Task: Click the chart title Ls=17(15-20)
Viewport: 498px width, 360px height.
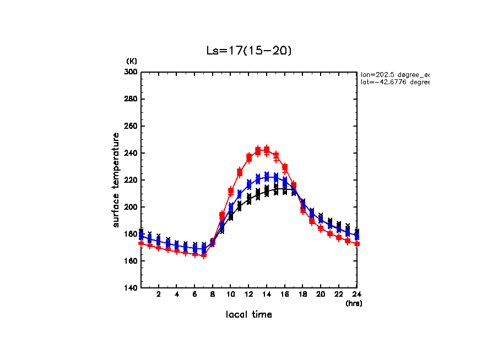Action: pos(248,51)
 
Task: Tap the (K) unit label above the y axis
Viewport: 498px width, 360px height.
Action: pos(132,61)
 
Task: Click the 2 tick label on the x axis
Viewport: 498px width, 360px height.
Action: pos(159,294)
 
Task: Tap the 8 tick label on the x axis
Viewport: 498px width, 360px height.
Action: pos(213,294)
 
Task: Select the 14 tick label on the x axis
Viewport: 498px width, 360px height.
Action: pos(267,294)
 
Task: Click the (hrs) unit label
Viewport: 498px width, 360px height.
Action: pos(354,303)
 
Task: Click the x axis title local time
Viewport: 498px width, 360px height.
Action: pos(248,315)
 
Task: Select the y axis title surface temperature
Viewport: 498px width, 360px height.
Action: pos(116,180)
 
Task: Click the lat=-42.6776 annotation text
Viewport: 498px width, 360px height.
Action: pos(394,82)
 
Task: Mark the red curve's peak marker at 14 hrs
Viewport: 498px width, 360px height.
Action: pos(267,150)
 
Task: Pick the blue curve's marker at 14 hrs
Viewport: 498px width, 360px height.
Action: pos(267,177)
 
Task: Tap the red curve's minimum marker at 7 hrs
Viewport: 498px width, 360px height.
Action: pos(204,255)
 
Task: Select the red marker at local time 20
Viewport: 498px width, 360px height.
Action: pos(321,228)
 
